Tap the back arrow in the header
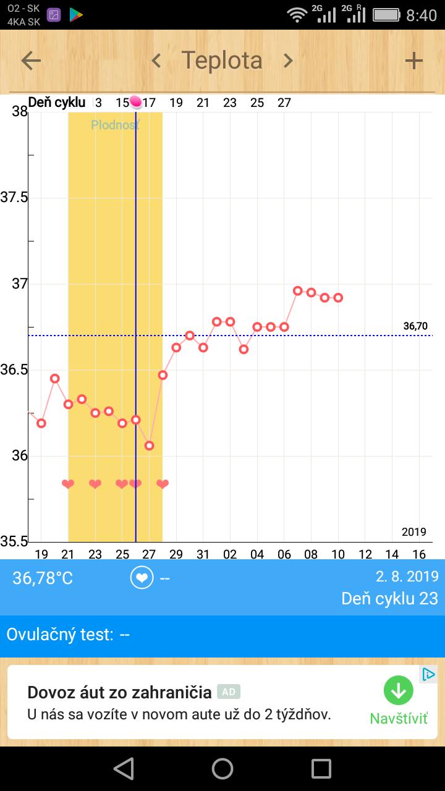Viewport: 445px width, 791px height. point(31,61)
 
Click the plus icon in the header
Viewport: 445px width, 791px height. point(413,61)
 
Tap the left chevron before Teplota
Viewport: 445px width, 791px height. point(156,61)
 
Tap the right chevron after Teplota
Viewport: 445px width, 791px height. point(287,61)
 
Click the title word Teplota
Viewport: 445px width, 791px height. point(222,61)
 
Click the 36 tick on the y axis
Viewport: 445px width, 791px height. point(20,456)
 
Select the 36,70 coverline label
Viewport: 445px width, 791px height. point(415,326)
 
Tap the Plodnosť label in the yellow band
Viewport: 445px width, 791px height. point(115,125)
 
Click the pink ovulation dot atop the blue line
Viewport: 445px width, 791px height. point(136,102)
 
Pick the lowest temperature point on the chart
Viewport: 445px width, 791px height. point(149,446)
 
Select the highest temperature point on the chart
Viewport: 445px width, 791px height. point(297,290)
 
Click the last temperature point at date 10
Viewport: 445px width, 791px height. point(338,297)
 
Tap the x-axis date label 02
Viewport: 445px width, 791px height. point(230,554)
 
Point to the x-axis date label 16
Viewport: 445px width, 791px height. point(419,554)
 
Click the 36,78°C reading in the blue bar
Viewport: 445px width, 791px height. point(43,578)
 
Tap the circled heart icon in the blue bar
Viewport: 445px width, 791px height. point(142,578)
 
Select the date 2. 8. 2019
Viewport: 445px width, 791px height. point(407,577)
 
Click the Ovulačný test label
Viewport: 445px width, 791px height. point(60,635)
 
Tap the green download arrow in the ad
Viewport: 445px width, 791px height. point(398,690)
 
